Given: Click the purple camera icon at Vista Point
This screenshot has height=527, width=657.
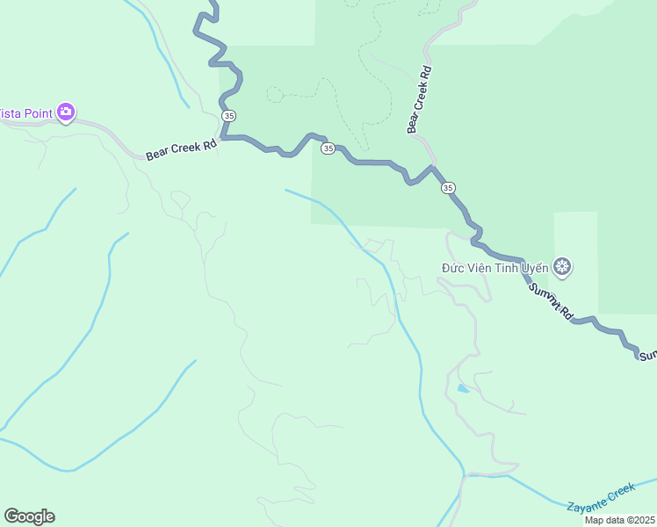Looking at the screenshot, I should [66, 112].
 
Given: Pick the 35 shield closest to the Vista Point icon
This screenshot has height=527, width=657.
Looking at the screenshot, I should [228, 115].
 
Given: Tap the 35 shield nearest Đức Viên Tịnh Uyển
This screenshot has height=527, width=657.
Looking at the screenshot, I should [448, 187].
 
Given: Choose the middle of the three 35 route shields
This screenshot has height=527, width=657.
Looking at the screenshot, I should [328, 148].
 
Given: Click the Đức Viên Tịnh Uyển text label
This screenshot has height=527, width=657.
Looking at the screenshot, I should [495, 267].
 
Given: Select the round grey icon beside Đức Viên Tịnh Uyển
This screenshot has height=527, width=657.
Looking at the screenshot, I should [562, 266].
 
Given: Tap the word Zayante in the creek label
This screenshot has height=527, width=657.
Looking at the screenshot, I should [587, 502].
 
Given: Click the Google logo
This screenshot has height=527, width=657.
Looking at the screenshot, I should [29, 516].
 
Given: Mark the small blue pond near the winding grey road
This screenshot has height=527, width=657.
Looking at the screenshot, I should [463, 388].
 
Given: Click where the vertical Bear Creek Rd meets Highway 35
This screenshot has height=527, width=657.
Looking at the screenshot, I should [433, 166].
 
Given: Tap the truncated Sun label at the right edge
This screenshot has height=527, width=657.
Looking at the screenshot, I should [647, 356].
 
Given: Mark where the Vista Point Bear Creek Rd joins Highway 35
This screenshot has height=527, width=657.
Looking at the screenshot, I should [223, 138].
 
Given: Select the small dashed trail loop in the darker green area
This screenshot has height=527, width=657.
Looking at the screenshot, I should [275, 94].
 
